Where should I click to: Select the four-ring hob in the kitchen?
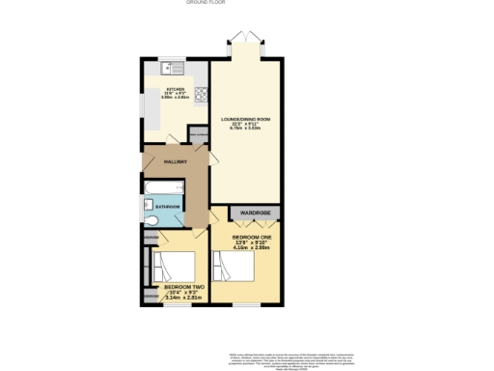click(202, 95)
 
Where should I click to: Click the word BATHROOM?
click(170, 206)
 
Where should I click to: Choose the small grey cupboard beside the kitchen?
click(198, 136)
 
